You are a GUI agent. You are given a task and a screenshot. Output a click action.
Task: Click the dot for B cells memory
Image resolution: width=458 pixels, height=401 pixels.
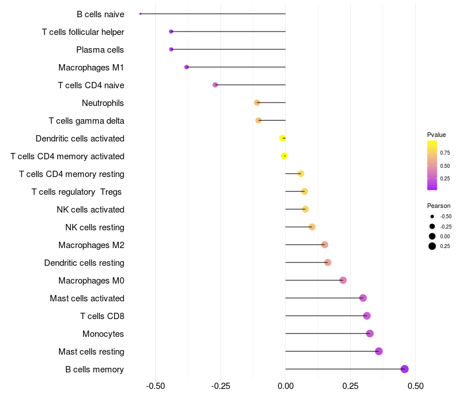(405, 369)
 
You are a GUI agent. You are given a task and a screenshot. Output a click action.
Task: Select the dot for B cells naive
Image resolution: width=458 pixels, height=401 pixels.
(140, 14)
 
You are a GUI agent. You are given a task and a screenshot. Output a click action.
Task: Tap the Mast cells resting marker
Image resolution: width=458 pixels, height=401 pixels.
(378, 351)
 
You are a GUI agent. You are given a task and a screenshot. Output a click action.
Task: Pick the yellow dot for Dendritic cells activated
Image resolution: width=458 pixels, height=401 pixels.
(282, 138)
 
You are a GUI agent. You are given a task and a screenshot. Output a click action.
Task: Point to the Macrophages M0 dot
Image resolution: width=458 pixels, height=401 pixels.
(343, 280)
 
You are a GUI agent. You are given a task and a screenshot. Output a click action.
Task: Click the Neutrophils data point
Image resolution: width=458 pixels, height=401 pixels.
(257, 103)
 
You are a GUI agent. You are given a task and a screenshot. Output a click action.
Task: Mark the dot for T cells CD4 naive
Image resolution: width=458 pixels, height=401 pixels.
(215, 85)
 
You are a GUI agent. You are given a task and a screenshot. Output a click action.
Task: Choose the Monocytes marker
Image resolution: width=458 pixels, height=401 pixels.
(370, 333)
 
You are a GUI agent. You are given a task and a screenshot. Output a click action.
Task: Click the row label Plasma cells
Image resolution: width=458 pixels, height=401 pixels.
(100, 50)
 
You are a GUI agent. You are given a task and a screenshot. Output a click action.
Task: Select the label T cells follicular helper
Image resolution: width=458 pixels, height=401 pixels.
(83, 32)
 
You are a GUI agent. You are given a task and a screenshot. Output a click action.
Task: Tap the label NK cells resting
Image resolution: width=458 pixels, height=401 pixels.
(94, 227)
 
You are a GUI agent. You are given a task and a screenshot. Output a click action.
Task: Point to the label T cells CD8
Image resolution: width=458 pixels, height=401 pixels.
(102, 316)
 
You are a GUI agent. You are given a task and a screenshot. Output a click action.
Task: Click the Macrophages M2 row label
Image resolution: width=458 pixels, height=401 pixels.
(91, 245)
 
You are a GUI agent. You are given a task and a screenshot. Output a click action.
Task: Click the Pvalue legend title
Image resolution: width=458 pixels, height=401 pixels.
(436, 135)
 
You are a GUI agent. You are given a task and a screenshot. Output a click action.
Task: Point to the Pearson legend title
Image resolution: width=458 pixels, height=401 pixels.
(439, 206)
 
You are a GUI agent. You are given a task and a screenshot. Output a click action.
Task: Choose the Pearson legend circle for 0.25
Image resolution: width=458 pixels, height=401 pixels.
(432, 246)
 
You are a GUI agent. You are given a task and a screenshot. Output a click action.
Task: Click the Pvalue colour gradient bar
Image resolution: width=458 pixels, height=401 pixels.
(432, 165)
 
